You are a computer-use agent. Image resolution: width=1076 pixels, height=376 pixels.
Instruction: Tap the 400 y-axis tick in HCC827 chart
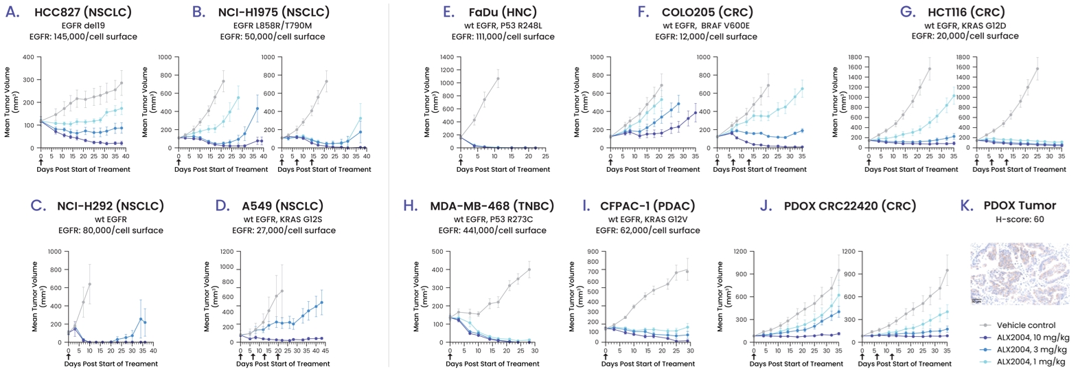32,57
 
